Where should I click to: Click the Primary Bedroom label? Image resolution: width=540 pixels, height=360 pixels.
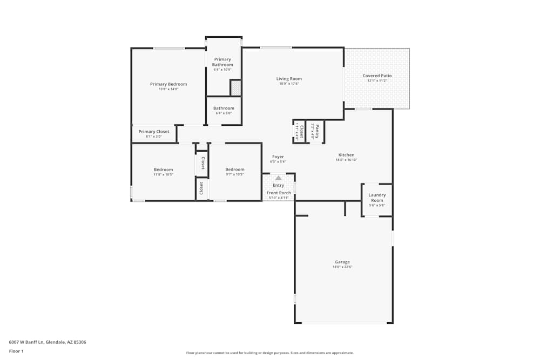pyautogui.click(x=168, y=84)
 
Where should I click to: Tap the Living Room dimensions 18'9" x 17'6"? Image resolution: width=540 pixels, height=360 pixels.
pyautogui.click(x=289, y=84)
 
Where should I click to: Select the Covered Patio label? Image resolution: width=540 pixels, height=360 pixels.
pyautogui.click(x=377, y=76)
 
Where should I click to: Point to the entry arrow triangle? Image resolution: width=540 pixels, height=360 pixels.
pyautogui.click(x=278, y=178)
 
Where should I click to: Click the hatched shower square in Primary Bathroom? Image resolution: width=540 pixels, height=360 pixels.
pyautogui.click(x=235, y=87)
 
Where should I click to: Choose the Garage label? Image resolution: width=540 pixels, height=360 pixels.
pyautogui.click(x=342, y=262)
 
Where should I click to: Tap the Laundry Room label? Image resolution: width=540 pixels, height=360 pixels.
pyautogui.click(x=376, y=198)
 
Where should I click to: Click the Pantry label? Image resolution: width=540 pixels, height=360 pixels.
pyautogui.click(x=317, y=131)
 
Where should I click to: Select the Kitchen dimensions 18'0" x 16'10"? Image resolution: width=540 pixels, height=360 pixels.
pyautogui.click(x=346, y=160)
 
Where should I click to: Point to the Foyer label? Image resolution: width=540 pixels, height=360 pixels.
pyautogui.click(x=278, y=157)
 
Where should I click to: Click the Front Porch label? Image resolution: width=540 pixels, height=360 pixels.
pyautogui.click(x=279, y=193)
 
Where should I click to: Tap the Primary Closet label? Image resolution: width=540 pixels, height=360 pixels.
pyautogui.click(x=154, y=132)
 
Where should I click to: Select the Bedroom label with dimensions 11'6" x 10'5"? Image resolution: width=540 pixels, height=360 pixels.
pyautogui.click(x=163, y=169)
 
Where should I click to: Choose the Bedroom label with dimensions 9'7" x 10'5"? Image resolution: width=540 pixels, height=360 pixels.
pyautogui.click(x=235, y=169)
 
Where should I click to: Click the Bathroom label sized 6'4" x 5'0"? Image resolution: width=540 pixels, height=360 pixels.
pyautogui.click(x=224, y=108)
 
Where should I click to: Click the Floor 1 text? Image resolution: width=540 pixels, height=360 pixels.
pyautogui.click(x=16, y=351)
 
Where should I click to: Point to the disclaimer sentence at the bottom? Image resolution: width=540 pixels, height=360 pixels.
pyautogui.click(x=270, y=353)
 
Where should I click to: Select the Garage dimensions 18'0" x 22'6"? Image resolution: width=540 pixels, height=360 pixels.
pyautogui.click(x=342, y=267)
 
